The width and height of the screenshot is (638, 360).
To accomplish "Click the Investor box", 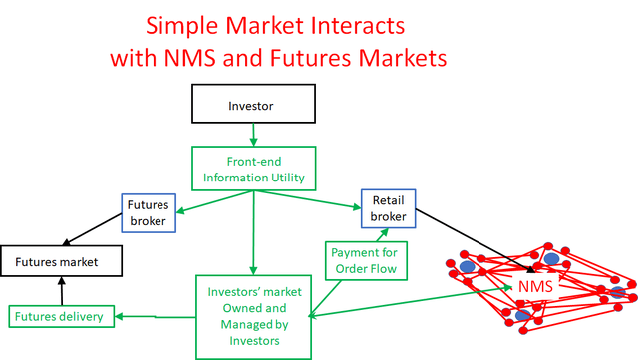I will click(x=252, y=103).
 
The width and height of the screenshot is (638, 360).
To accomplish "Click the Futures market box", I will click(x=62, y=262).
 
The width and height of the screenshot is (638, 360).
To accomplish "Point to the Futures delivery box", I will click(x=61, y=318).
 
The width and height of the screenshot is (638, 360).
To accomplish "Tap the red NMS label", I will click(x=535, y=287).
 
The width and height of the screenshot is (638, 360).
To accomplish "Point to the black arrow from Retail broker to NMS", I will click(x=469, y=239).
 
